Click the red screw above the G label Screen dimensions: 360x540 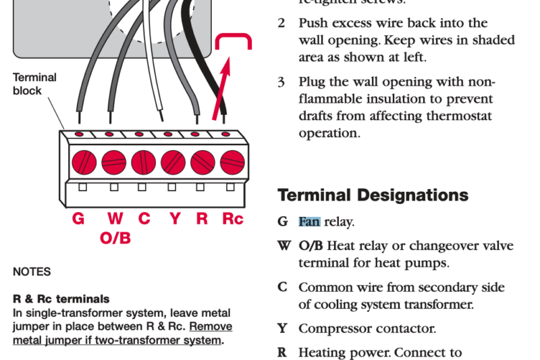click(x=84, y=162)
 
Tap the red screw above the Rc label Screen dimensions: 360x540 click(x=232, y=162)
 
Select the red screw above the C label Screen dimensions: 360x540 click(x=143, y=162)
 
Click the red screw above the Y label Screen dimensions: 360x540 click(x=173, y=162)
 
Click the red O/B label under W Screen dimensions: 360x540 click(x=115, y=238)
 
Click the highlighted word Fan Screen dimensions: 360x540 click(x=309, y=222)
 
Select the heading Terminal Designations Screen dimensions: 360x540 click(x=373, y=195)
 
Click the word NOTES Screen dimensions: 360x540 click(x=31, y=272)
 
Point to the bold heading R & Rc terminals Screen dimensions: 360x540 click(x=61, y=299)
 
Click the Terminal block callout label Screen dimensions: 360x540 click(x=34, y=84)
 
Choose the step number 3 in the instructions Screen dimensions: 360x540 click(x=281, y=82)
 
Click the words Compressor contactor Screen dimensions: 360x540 click(x=367, y=329)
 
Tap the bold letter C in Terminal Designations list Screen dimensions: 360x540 click(x=282, y=288)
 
